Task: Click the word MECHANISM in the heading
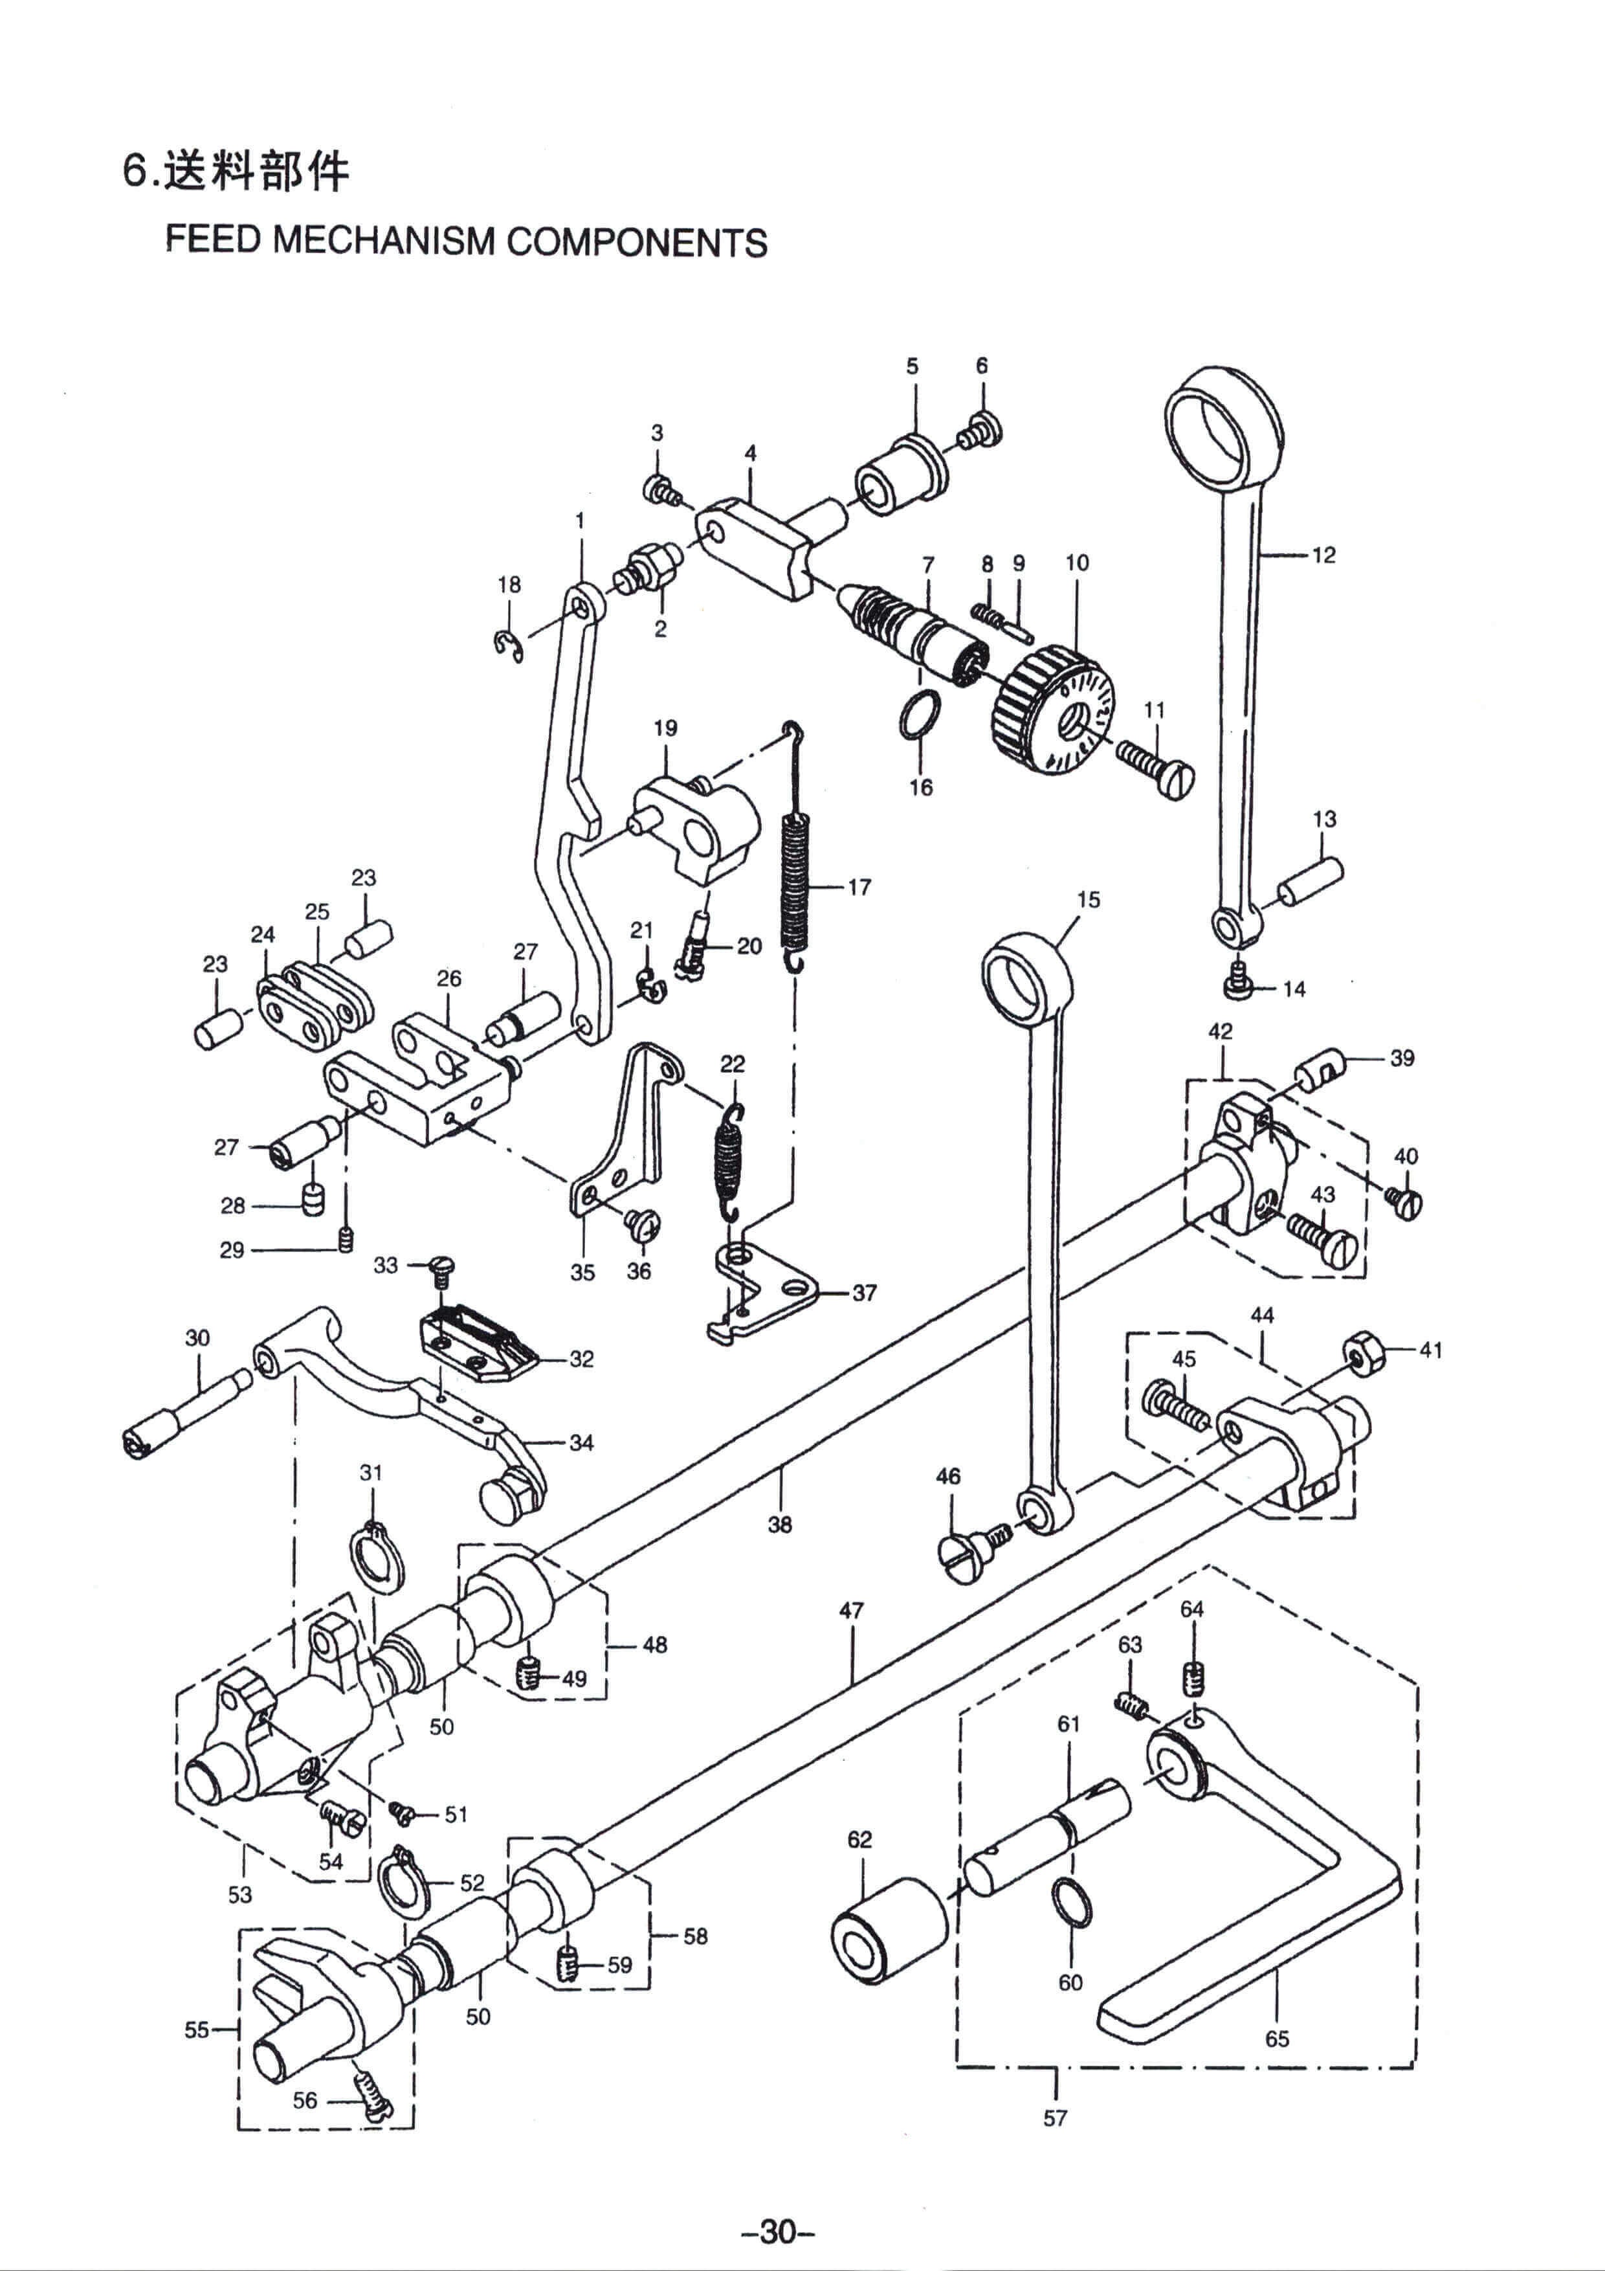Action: pyautogui.click(x=384, y=242)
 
